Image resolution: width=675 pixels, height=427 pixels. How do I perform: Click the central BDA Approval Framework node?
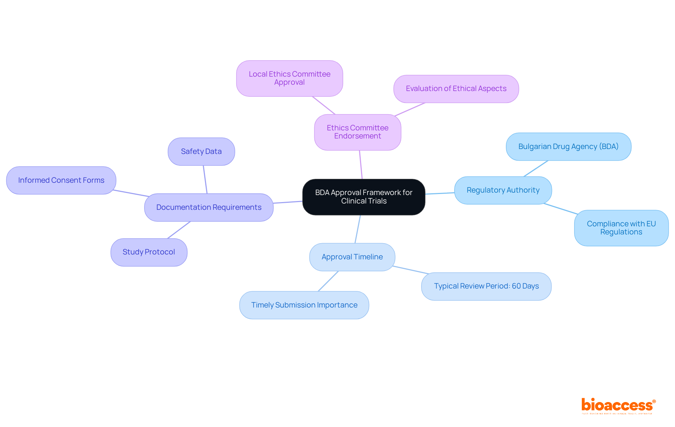click(364, 197)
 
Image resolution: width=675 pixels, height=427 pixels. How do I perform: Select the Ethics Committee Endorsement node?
click(358, 132)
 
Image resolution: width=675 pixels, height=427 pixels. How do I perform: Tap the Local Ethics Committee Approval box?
click(289, 78)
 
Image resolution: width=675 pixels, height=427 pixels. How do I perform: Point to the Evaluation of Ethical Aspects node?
click(456, 89)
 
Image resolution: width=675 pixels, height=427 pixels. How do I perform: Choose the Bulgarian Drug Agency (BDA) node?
click(568, 147)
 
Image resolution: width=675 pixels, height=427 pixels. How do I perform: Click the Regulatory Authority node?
click(503, 190)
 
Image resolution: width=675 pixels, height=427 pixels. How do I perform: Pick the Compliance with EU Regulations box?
click(621, 228)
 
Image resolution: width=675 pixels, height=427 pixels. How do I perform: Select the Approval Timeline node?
click(352, 257)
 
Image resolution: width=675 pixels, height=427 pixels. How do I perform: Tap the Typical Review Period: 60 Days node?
click(486, 286)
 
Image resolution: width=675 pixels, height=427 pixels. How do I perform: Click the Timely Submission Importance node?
click(304, 305)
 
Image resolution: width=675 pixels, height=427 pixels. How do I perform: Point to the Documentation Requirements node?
click(208, 207)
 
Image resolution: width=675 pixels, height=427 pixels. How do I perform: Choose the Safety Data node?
click(201, 151)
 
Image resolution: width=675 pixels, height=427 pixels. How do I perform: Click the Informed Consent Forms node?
click(61, 180)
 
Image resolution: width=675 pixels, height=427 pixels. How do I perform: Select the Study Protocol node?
click(149, 252)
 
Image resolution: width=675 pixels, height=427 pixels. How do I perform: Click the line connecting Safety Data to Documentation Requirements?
click(205, 179)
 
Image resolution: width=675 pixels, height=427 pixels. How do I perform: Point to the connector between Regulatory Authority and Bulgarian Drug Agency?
click(536, 169)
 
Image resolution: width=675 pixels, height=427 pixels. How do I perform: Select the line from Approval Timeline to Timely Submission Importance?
click(328, 281)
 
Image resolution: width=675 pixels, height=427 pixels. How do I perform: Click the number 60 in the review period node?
click(516, 286)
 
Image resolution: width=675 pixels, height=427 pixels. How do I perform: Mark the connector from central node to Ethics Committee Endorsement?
click(361, 165)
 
